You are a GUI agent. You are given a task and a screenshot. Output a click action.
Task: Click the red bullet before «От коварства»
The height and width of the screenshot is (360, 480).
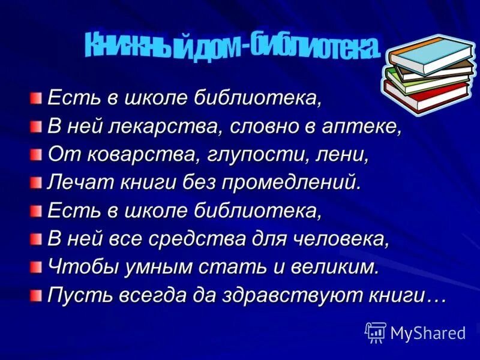coord(37,154)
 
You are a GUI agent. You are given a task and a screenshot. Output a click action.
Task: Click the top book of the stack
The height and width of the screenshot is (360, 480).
coord(430,55)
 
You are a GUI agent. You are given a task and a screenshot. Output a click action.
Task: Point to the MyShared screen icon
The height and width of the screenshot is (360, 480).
coord(376,332)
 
